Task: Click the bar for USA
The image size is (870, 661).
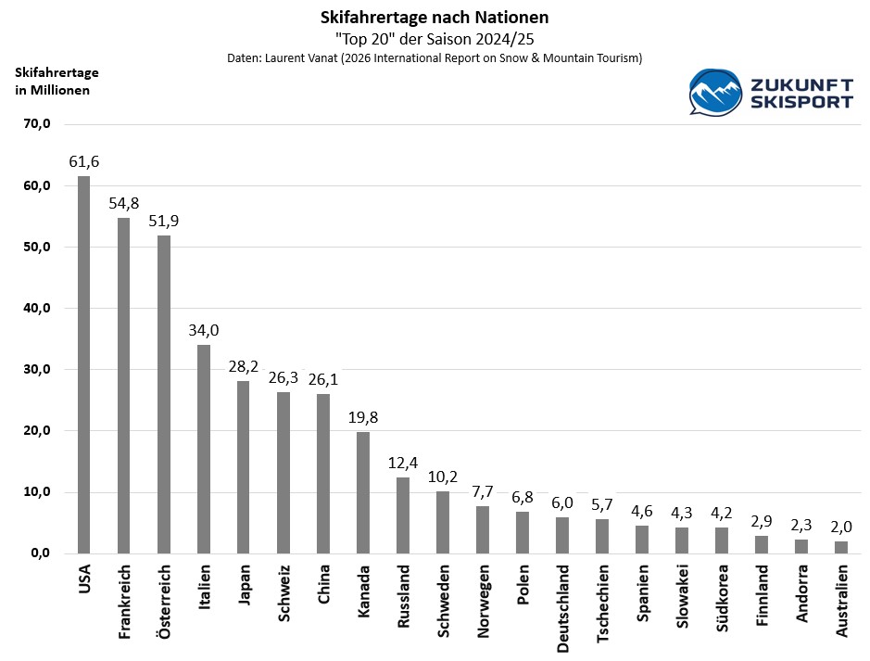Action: tap(83, 364)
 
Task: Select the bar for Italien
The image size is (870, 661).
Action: tap(204, 449)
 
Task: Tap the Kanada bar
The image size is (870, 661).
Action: tap(363, 492)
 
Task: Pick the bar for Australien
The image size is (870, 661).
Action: tap(841, 547)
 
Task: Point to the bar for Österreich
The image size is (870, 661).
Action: tap(164, 394)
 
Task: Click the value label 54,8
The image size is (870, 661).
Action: tap(124, 204)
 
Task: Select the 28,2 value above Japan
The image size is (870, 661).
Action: tap(244, 367)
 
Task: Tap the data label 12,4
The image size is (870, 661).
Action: tap(403, 463)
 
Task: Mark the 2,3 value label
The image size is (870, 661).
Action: tap(801, 525)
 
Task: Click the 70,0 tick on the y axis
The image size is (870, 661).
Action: tap(37, 124)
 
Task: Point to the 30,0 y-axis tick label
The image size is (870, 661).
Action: tap(37, 370)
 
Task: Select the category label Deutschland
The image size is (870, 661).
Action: tap(562, 609)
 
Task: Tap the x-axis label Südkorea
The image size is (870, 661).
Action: tap(722, 598)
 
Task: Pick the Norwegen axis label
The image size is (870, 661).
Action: tap(483, 602)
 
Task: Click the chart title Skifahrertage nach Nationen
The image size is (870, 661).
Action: tap(435, 18)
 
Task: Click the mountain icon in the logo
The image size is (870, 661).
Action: tap(715, 92)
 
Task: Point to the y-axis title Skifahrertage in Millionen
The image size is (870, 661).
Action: tap(57, 81)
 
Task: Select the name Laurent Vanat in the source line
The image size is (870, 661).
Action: tap(301, 58)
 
